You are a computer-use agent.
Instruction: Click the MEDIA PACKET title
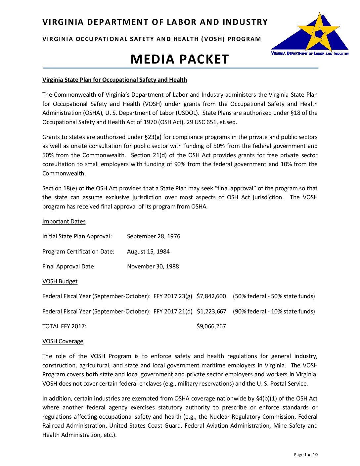pos(180,59)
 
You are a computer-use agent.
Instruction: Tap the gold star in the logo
pos(318,31)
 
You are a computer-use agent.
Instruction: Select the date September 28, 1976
pos(154,236)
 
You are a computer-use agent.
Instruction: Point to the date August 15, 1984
pos(148,252)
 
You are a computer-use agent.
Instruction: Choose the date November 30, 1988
pos(153,266)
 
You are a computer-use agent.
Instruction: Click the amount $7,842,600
pos(211,296)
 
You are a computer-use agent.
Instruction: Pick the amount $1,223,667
pos(211,311)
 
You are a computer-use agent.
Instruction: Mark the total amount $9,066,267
pos(211,326)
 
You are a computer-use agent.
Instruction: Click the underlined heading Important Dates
pos(64,221)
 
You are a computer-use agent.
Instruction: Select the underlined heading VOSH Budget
pos(60,281)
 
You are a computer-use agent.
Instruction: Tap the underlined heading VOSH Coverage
pos(63,341)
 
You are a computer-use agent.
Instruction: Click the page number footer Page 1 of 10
pos(306,455)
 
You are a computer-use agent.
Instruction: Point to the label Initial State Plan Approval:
pos(77,236)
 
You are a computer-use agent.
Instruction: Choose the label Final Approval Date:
pos(69,266)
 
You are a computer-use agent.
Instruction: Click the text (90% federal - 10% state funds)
pos(274,311)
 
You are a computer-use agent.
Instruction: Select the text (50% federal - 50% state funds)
pos(274,296)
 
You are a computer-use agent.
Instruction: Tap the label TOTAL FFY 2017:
pos(64,326)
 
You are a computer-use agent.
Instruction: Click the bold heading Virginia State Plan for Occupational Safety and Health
pos(114,80)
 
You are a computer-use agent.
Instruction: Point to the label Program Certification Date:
pos(78,252)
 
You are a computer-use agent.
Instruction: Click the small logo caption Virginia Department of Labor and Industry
pos(310,54)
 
